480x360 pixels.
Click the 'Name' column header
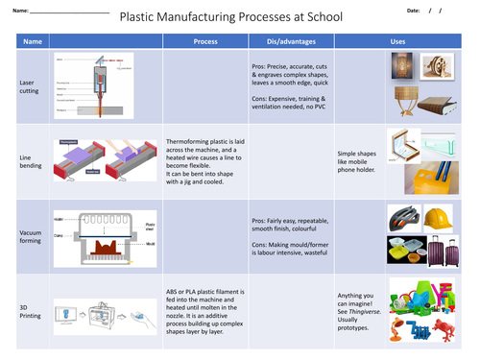pyautogui.click(x=33, y=42)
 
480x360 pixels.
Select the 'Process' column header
pyautogui.click(x=205, y=42)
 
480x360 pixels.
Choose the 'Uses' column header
pyautogui.click(x=397, y=42)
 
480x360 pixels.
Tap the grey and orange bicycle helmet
pyautogui.click(x=401, y=218)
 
